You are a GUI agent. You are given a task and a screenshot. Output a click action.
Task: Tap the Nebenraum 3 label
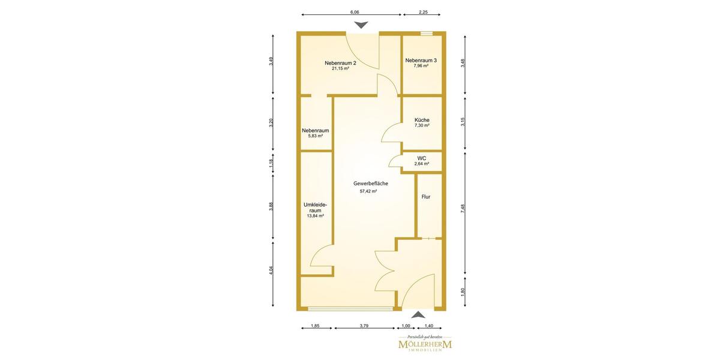(421, 60)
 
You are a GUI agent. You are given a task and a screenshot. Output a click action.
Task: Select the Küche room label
(422, 120)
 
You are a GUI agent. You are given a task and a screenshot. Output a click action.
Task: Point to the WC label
(422, 158)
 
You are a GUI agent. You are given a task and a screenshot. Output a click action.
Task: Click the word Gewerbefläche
(371, 184)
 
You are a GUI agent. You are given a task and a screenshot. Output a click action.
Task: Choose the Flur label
(426, 197)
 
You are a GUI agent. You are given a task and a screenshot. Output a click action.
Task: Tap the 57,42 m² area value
(368, 191)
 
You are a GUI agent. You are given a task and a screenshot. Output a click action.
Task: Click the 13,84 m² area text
(316, 216)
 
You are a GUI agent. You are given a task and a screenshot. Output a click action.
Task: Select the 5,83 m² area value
(316, 136)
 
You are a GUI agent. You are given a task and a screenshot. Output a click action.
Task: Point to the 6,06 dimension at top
(355, 12)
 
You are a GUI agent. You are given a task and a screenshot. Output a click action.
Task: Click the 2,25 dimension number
(423, 12)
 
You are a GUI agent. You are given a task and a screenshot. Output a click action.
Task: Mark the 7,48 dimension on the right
(463, 209)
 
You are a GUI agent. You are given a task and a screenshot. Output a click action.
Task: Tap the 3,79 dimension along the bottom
(364, 326)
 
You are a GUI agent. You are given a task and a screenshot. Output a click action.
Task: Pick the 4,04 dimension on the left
(271, 270)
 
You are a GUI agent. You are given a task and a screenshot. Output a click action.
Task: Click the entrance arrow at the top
(362, 25)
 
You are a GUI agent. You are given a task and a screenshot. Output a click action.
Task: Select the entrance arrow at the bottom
(418, 314)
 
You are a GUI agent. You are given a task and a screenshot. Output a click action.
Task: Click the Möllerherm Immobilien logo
(425, 343)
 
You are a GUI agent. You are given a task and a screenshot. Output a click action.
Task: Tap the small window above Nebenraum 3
(427, 33)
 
